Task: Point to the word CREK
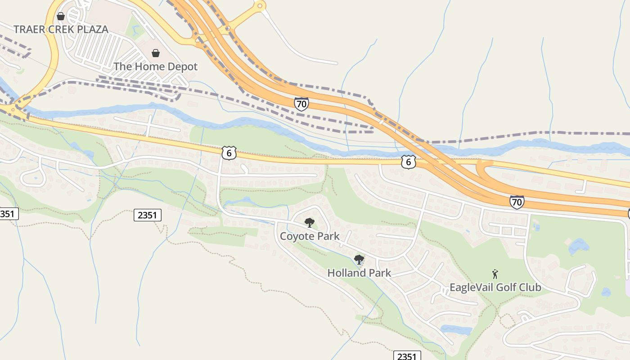60,30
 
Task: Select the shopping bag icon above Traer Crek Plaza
61,16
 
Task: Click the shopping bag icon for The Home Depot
156,54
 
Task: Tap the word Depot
183,67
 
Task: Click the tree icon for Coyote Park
309,222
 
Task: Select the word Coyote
296,236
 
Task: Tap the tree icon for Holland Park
359,259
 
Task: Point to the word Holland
346,273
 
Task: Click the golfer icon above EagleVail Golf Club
495,274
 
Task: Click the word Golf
507,288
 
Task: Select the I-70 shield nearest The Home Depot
301,104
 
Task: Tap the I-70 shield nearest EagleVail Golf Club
517,202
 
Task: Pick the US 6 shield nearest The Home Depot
229,153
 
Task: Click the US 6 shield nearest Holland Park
408,162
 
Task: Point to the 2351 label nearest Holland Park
407,356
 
